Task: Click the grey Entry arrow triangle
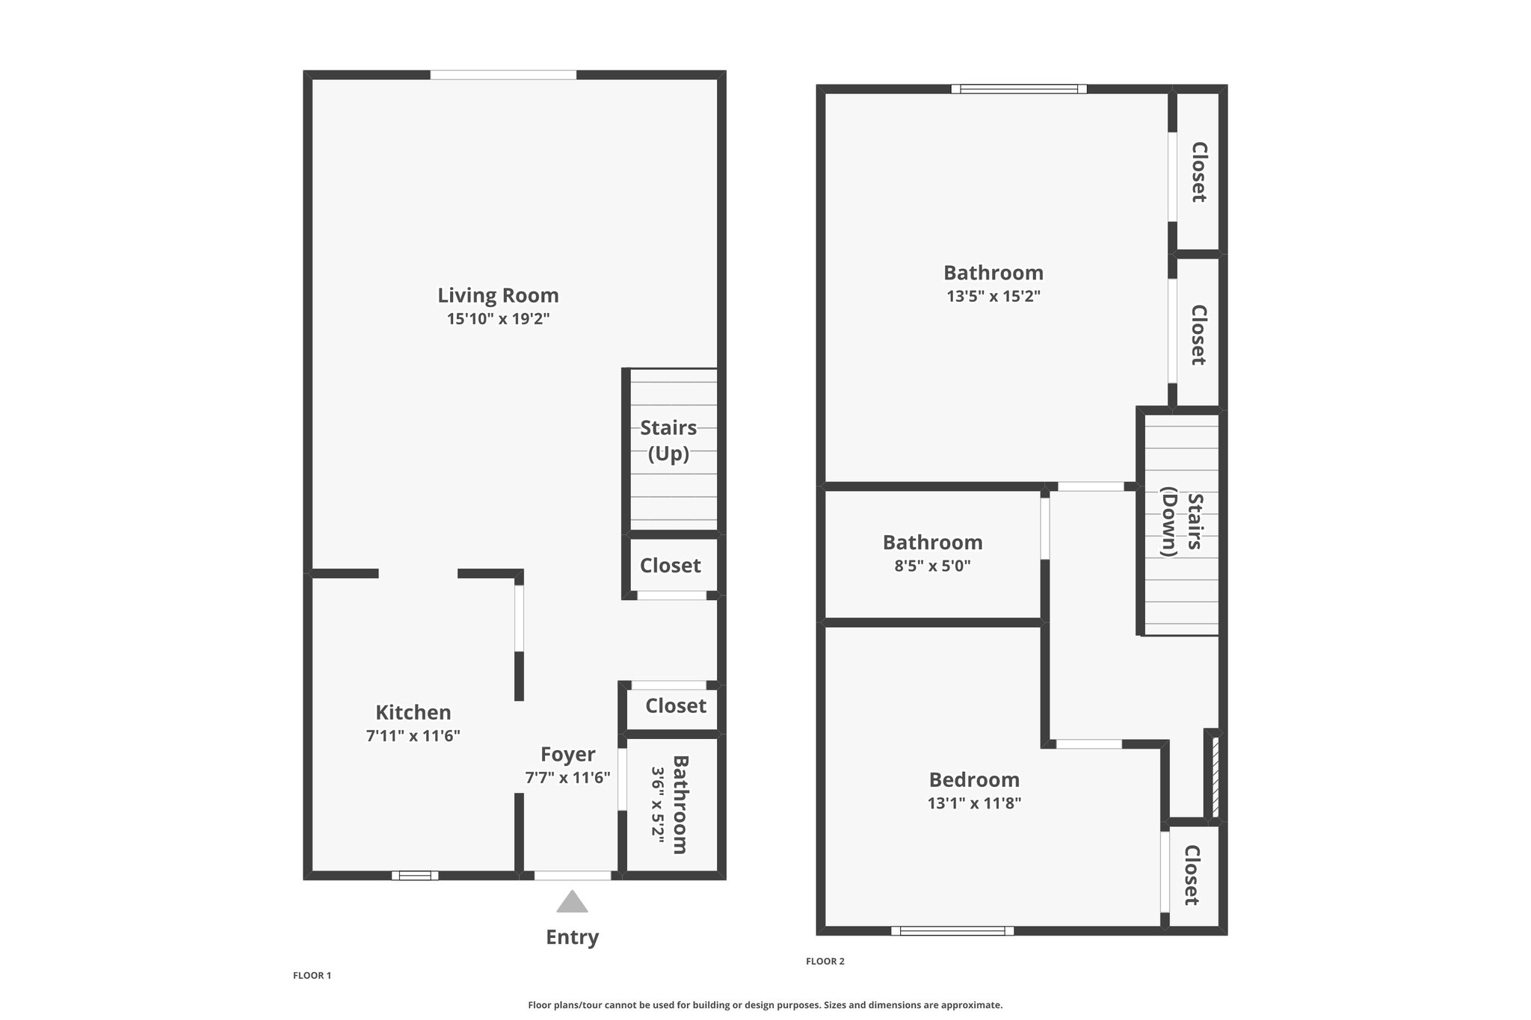572,902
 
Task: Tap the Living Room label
498,296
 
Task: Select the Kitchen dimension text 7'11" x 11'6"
413,735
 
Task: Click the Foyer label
568,755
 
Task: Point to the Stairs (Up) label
668,441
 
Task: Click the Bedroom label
974,780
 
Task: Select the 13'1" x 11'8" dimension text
974,803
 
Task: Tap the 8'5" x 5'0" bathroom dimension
932,566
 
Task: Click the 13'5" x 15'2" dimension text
994,296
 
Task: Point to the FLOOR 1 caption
312,975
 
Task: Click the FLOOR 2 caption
825,961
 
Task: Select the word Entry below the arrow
572,937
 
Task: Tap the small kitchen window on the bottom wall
415,875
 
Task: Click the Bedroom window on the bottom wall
952,930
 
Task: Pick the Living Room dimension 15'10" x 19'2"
498,319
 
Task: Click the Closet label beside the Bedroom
1192,875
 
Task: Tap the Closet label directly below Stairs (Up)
671,566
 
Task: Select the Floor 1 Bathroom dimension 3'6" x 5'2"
658,805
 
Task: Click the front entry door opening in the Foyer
573,875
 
